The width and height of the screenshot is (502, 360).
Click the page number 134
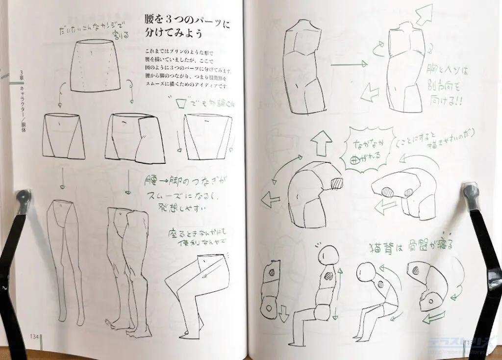tap(34, 336)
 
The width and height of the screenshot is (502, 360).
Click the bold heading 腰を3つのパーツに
tap(187, 23)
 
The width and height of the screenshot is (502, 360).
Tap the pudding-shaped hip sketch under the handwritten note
tap(96, 66)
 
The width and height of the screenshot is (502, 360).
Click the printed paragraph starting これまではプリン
tap(186, 69)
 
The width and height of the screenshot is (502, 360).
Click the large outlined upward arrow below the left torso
tap(321, 142)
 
